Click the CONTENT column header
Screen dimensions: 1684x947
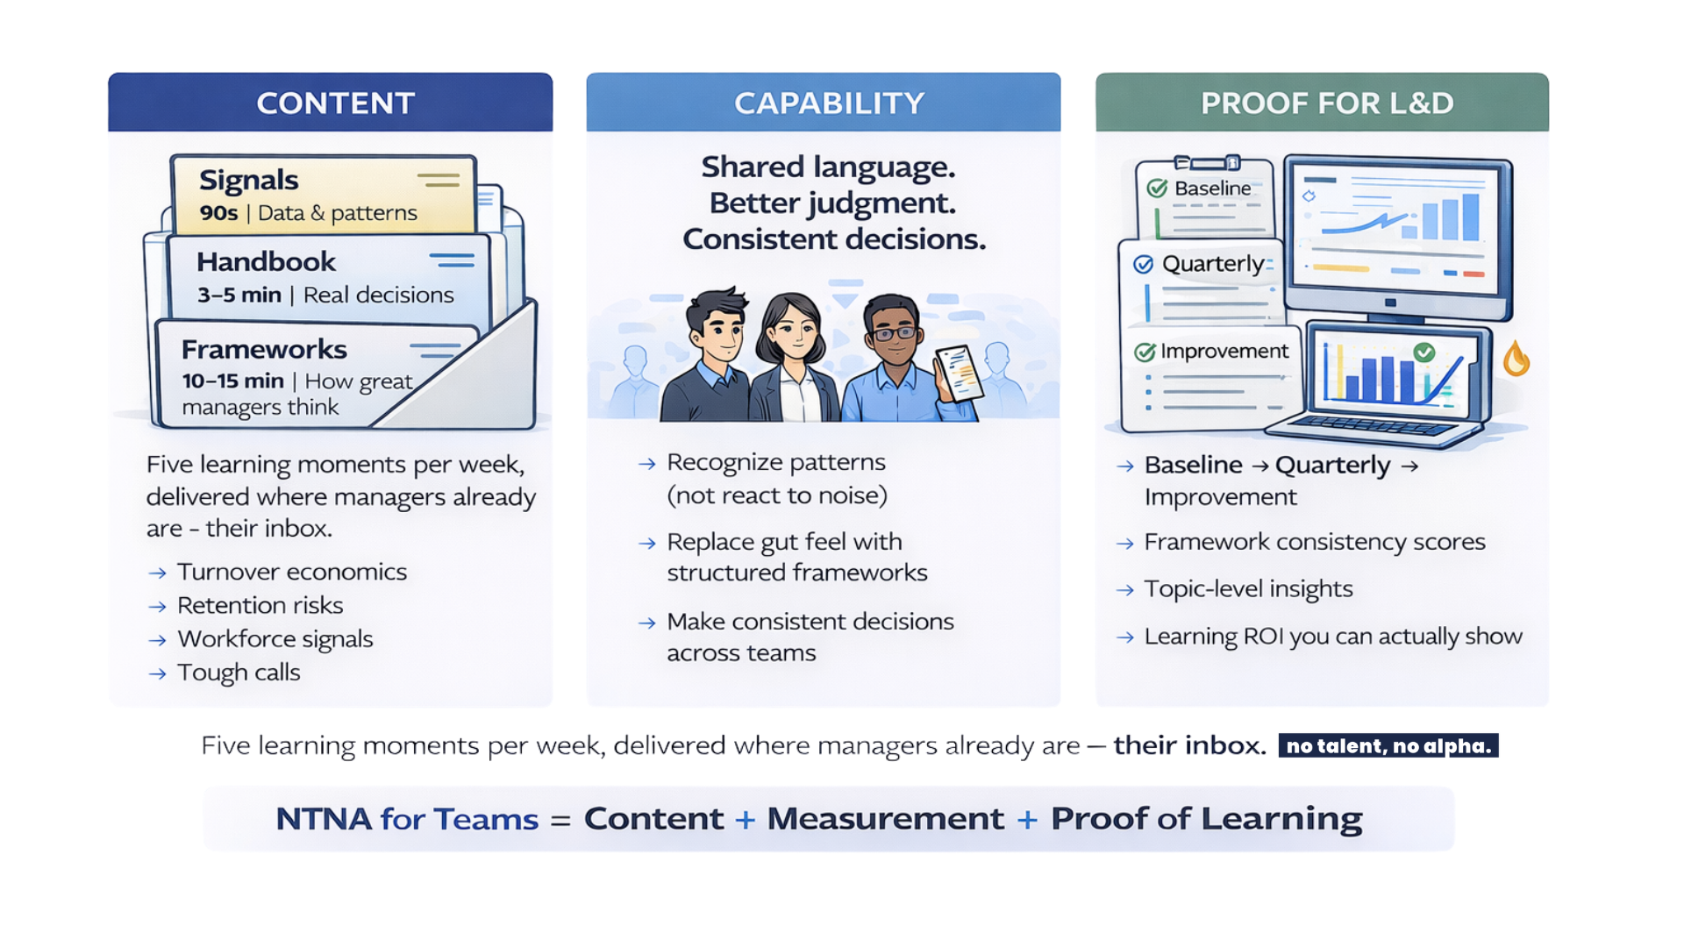pyautogui.click(x=335, y=103)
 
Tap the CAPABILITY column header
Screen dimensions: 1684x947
pyautogui.click(x=829, y=103)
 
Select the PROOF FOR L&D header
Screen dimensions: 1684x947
pyautogui.click(x=1327, y=103)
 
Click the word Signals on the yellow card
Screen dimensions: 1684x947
pyautogui.click(x=249, y=181)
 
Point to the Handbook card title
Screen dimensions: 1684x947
pyautogui.click(x=267, y=261)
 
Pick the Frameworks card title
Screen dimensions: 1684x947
pyautogui.click(x=264, y=349)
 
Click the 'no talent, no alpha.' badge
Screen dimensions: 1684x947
pyautogui.click(x=1388, y=745)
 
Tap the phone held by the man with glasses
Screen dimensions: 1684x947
pyautogui.click(x=958, y=374)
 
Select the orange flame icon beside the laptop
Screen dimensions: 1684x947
pyautogui.click(x=1516, y=359)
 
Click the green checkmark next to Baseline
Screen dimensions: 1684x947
pyautogui.click(x=1158, y=189)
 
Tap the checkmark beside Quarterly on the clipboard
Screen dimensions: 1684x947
pyautogui.click(x=1144, y=265)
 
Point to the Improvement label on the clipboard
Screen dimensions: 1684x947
pyautogui.click(x=1224, y=352)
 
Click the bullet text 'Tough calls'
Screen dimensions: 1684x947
pyautogui.click(x=239, y=673)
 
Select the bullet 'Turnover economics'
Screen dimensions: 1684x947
pyautogui.click(x=292, y=572)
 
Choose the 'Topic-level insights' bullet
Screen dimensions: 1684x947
pyautogui.click(x=1248, y=589)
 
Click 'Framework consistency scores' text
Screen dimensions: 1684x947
pyautogui.click(x=1315, y=542)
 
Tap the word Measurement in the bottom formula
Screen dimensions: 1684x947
pyautogui.click(x=886, y=819)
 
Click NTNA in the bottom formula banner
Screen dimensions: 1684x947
pyautogui.click(x=324, y=819)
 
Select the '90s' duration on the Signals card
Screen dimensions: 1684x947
pyautogui.click(x=218, y=213)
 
